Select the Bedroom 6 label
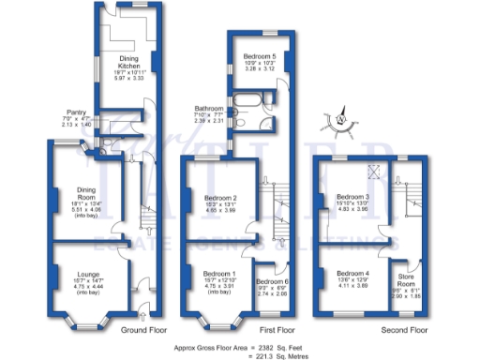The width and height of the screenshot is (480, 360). pyautogui.click(x=271, y=282)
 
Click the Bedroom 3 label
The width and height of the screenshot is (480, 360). pyautogui.click(x=354, y=197)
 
